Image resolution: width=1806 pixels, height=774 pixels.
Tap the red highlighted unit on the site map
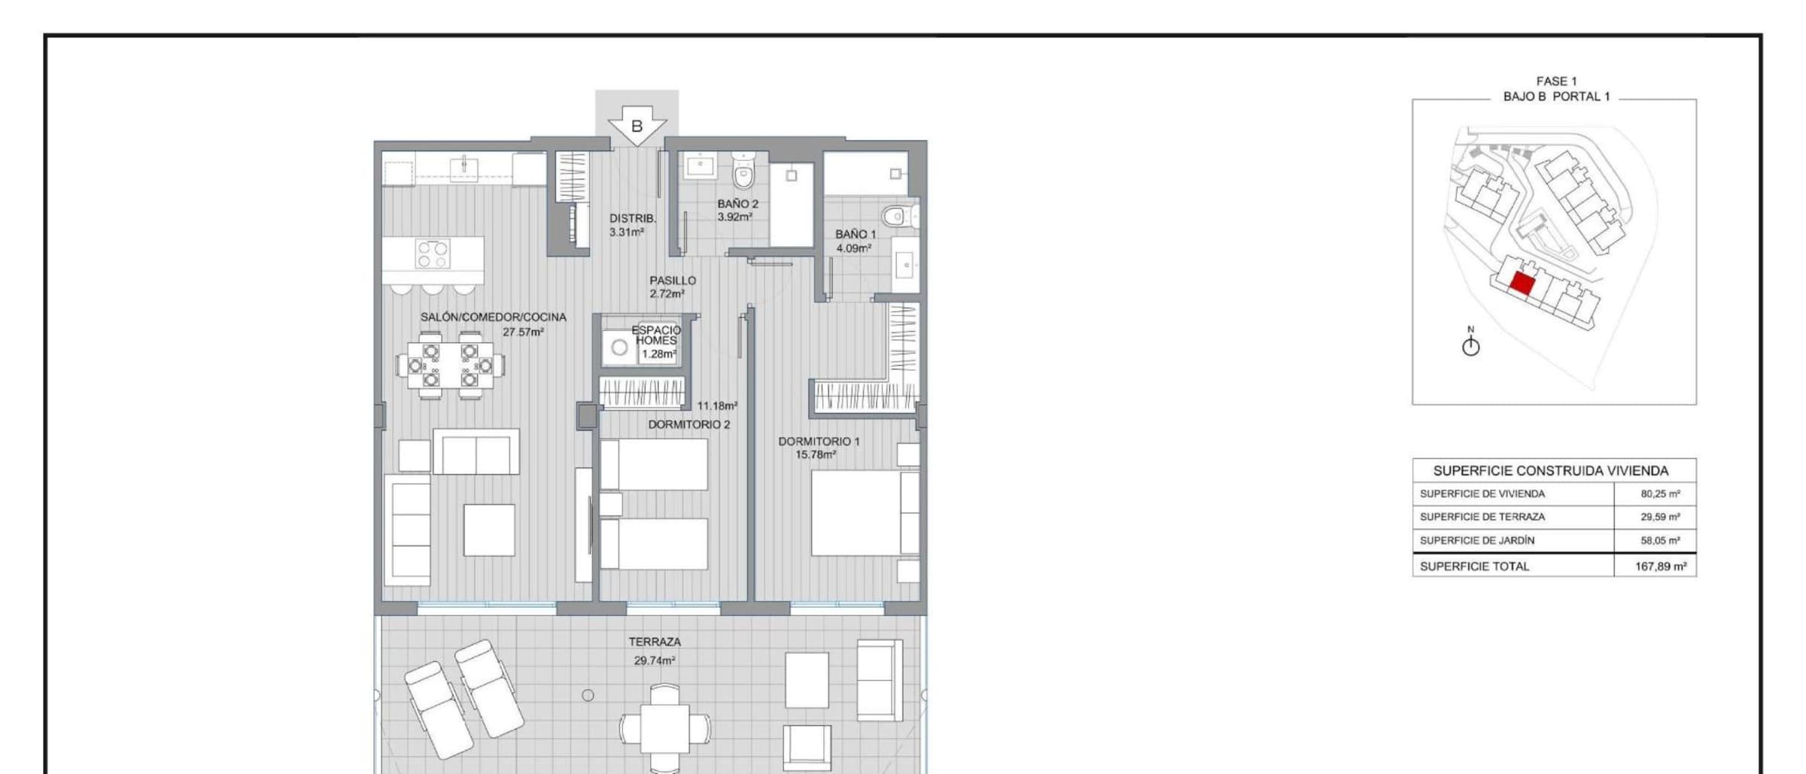click(1522, 284)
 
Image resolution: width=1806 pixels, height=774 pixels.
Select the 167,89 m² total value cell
click(1660, 566)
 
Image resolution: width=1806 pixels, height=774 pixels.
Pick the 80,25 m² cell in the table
click(1660, 494)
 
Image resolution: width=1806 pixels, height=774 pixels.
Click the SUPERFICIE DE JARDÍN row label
click(1476, 540)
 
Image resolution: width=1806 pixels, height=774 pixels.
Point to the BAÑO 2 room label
click(737, 204)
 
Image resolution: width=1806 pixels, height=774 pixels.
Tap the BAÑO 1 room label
click(856, 234)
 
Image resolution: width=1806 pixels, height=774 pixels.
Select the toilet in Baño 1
click(899, 217)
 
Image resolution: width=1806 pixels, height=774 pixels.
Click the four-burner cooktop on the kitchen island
click(433, 253)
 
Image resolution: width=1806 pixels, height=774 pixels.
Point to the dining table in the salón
click(450, 366)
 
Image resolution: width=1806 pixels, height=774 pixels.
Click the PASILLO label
click(673, 281)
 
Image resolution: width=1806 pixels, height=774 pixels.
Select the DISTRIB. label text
click(633, 219)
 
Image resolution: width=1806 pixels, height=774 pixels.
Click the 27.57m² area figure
click(524, 332)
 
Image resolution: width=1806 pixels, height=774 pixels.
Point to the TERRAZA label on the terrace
click(655, 642)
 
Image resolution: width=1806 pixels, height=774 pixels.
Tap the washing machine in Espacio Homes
click(619, 348)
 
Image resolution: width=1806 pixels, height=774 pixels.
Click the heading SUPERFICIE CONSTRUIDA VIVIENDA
click(1551, 471)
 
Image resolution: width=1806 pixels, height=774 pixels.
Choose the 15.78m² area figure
click(816, 455)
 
